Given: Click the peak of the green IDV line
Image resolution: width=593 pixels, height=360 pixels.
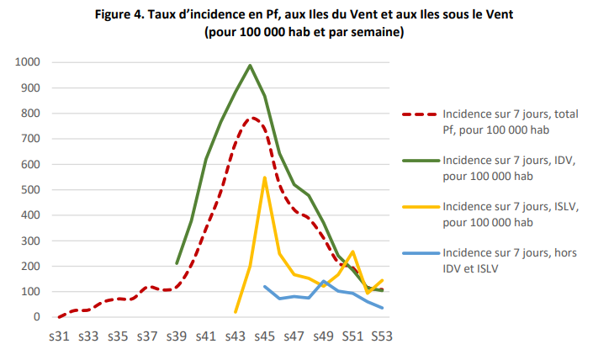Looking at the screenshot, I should pyautogui.click(x=250, y=65).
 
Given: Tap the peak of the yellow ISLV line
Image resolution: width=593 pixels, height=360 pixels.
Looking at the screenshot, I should pyautogui.click(x=265, y=177).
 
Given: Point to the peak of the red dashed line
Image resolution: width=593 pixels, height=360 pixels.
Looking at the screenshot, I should pyautogui.click(x=251, y=118).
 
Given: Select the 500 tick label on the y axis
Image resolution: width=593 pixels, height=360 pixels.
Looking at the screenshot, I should pyautogui.click(x=30, y=190).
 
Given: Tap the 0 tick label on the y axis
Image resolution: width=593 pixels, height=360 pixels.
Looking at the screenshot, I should pyautogui.click(x=37, y=317).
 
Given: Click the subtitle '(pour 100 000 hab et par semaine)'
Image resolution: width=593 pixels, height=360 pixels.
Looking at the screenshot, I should pyautogui.click(x=304, y=33).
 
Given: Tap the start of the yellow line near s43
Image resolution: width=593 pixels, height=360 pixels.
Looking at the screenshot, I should pyautogui.click(x=236, y=312).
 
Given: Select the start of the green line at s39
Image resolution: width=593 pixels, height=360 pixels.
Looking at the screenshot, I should pyautogui.click(x=177, y=263).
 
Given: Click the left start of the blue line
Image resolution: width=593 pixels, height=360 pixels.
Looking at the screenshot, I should pyautogui.click(x=265, y=287).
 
